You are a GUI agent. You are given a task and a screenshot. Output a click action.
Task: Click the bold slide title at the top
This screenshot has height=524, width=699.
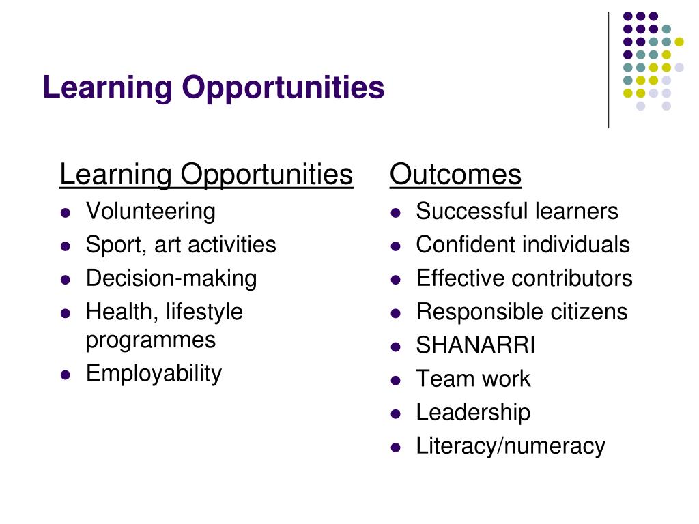click(214, 88)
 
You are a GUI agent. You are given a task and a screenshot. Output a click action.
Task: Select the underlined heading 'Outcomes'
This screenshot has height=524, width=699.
click(455, 175)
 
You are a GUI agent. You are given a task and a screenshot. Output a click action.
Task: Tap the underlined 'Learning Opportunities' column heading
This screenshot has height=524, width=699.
click(206, 175)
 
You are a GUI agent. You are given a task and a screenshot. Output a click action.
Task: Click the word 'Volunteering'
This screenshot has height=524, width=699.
click(150, 212)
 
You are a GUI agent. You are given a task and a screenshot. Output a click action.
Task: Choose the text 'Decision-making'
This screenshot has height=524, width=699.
click(171, 278)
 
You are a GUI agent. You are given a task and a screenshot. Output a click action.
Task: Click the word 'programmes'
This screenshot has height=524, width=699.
click(150, 340)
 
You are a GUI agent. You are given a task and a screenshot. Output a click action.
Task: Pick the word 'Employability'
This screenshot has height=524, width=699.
click(154, 373)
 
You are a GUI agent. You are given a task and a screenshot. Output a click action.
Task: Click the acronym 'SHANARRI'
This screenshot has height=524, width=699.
click(476, 345)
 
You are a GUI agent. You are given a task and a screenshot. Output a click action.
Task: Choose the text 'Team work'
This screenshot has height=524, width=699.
click(473, 379)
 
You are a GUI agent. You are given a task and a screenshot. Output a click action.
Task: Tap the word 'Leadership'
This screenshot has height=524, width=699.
click(473, 412)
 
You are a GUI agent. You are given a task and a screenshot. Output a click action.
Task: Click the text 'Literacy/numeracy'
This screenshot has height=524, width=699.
click(511, 446)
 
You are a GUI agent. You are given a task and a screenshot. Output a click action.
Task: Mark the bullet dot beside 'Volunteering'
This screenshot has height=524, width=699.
click(66, 212)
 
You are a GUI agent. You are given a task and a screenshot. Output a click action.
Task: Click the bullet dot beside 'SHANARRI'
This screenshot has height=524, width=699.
click(396, 346)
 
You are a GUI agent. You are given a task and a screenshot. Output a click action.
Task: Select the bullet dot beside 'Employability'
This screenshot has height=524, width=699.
click(66, 374)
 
